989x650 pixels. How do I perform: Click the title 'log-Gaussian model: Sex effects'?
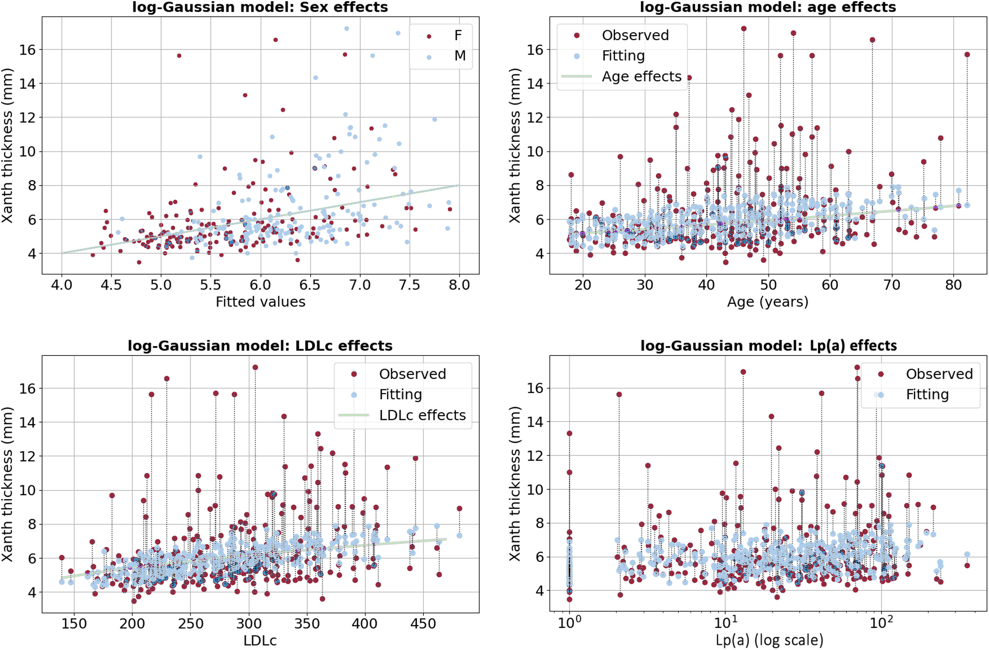[260, 7]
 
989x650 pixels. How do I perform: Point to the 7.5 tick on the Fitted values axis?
[409, 285]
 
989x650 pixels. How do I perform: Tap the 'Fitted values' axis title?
[260, 302]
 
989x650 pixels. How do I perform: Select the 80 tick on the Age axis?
[953, 285]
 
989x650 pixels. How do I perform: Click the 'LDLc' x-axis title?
[260, 641]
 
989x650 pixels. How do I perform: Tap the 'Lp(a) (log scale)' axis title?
[769, 641]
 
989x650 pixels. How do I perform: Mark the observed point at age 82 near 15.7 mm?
[967, 55]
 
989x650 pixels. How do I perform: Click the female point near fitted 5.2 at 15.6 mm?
[179, 56]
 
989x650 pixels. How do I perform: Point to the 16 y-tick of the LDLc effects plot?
[28, 388]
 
